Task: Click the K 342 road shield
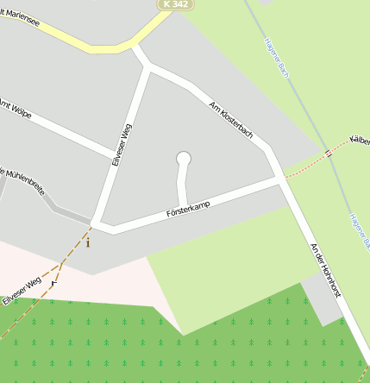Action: click(x=175, y=4)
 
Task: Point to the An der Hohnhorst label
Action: click(x=327, y=268)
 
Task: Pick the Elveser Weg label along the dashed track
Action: click(x=22, y=290)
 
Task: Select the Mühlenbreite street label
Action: click(x=22, y=180)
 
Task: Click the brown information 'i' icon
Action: click(x=88, y=242)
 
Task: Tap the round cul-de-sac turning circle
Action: click(x=183, y=158)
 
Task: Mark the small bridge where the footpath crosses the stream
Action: click(x=329, y=154)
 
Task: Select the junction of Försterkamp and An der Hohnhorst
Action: click(x=281, y=181)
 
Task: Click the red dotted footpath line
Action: click(x=306, y=166)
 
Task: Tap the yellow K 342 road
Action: click(x=103, y=46)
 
